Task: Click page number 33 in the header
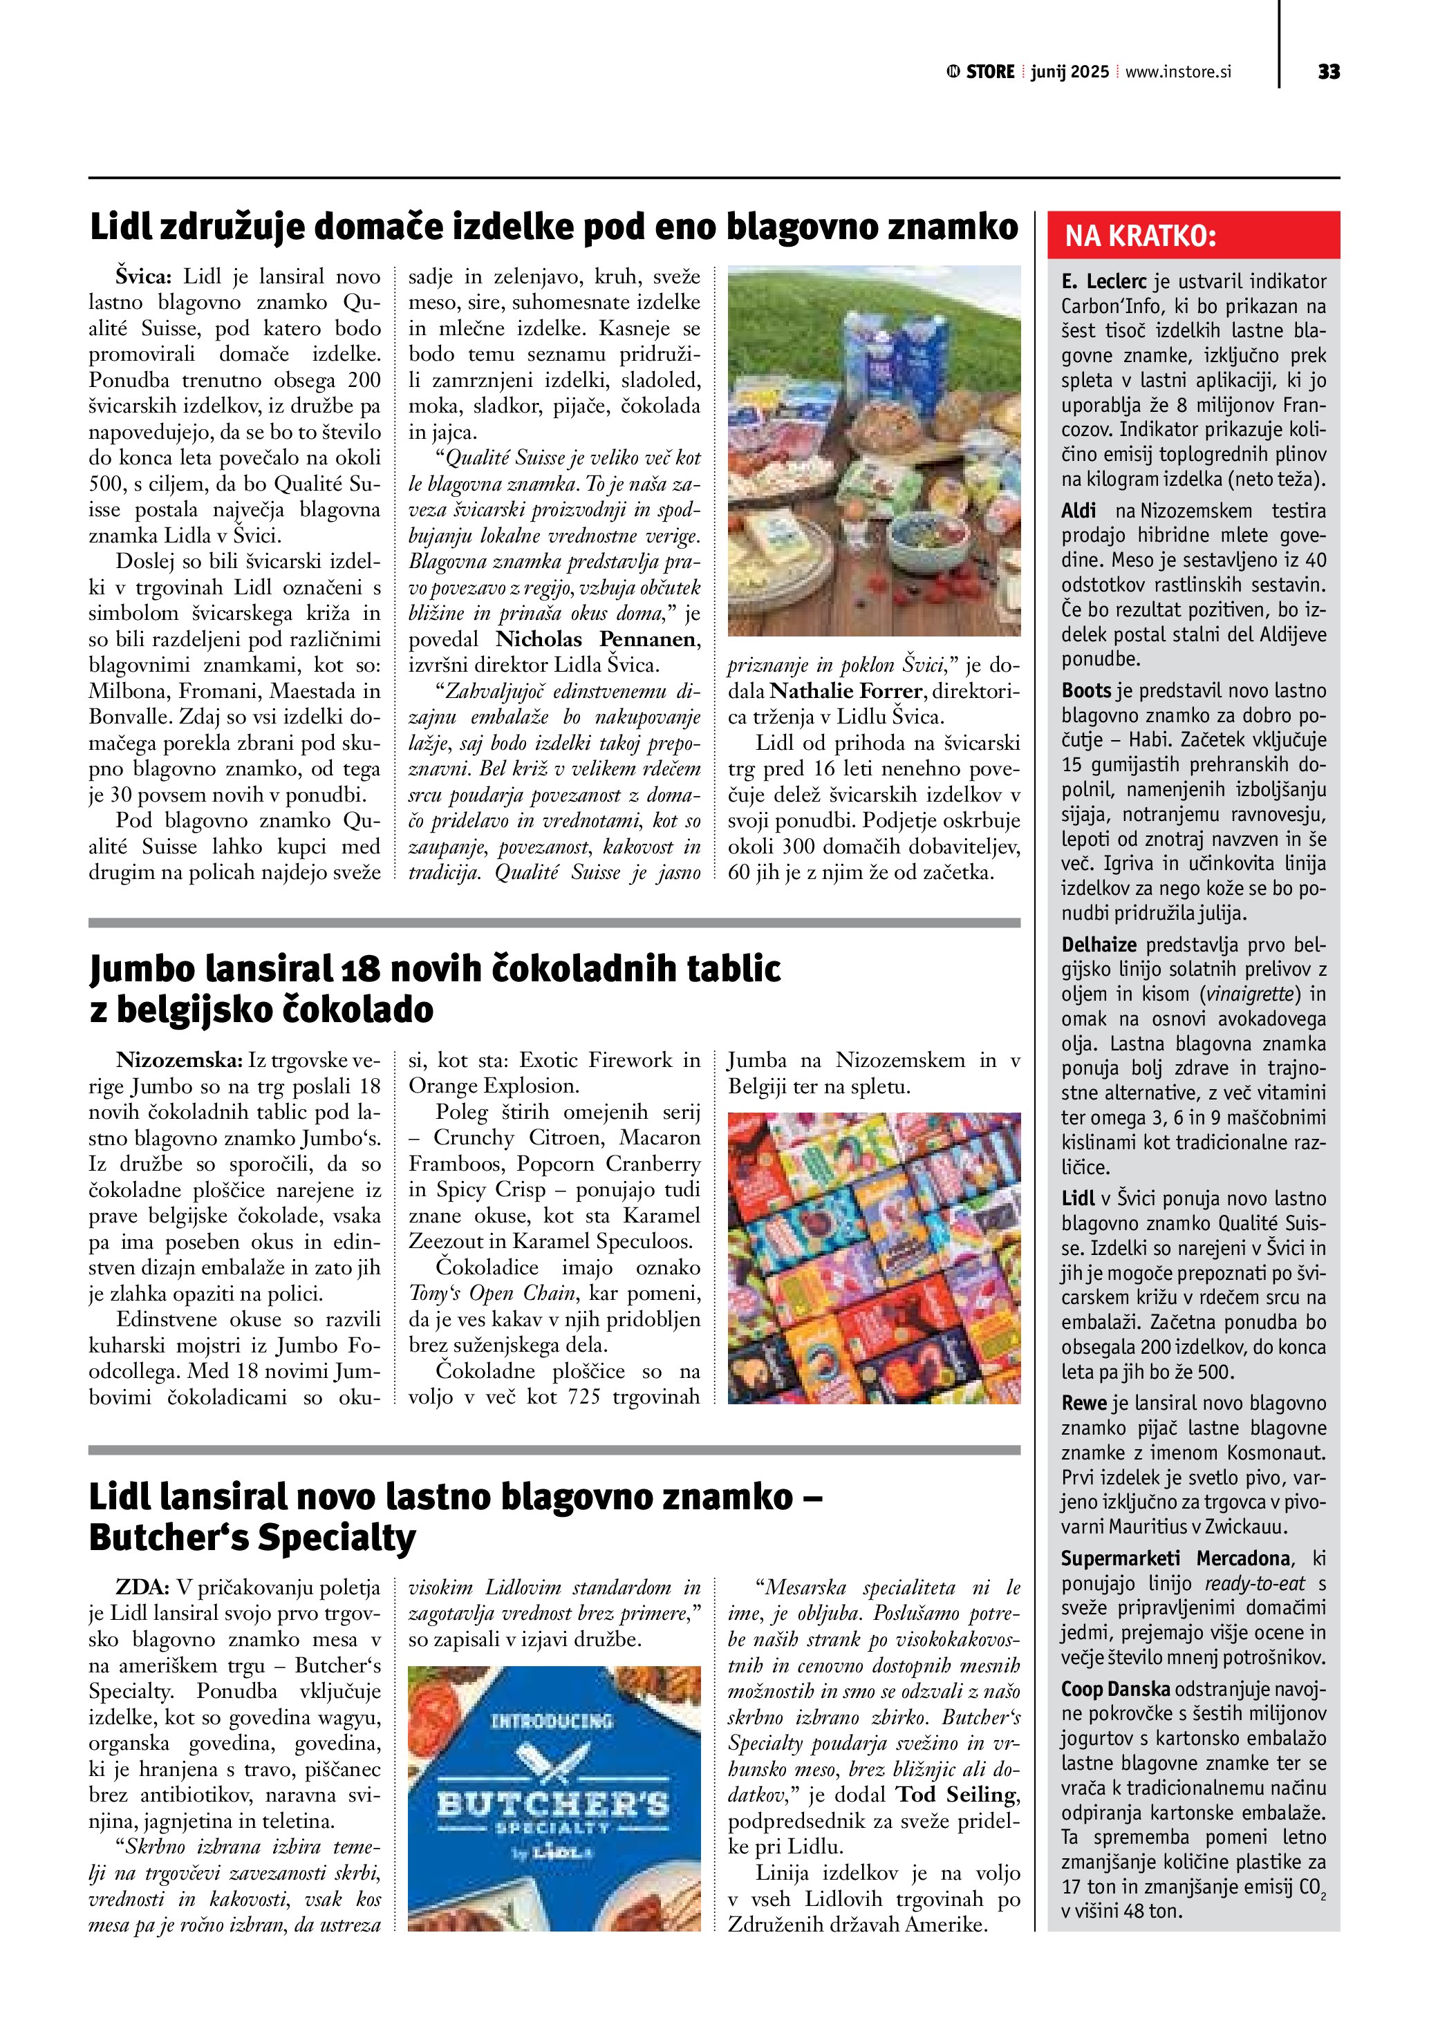click(x=1329, y=72)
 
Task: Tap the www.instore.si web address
click(x=1178, y=72)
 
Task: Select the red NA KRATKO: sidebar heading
click(x=1141, y=236)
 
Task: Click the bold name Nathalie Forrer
click(x=846, y=692)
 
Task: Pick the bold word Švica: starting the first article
click(x=144, y=277)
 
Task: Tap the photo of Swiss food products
click(x=874, y=451)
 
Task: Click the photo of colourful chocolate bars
click(x=874, y=1258)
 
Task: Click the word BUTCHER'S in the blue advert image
click(x=554, y=1804)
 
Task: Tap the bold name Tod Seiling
click(x=958, y=1795)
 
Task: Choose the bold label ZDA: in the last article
click(x=142, y=1588)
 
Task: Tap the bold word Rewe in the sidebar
click(x=1083, y=1404)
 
